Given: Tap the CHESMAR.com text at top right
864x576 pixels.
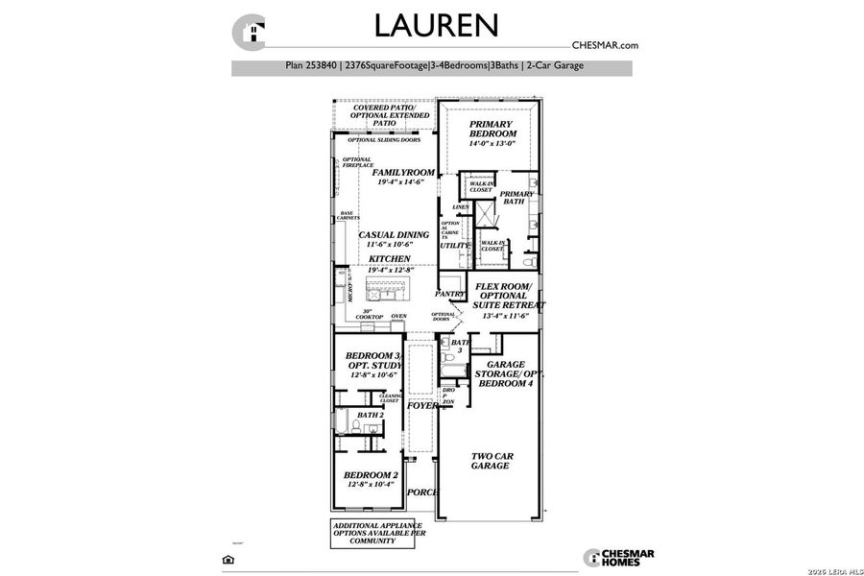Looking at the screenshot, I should point(605,45).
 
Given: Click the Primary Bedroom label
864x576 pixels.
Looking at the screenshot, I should point(492,130).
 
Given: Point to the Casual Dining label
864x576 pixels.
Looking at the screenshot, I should point(394,235).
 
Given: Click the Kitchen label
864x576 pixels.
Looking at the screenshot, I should point(390,259).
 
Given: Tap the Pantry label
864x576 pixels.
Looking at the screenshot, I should point(449,295).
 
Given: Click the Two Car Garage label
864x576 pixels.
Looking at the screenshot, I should point(490,460).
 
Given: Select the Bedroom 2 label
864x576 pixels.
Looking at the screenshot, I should point(371,475).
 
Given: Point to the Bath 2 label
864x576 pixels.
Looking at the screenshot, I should point(370,415).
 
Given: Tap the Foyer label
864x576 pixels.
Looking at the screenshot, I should point(422,406).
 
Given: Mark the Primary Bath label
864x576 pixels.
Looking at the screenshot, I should point(517,198).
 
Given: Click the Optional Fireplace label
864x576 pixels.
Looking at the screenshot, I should point(356,163).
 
